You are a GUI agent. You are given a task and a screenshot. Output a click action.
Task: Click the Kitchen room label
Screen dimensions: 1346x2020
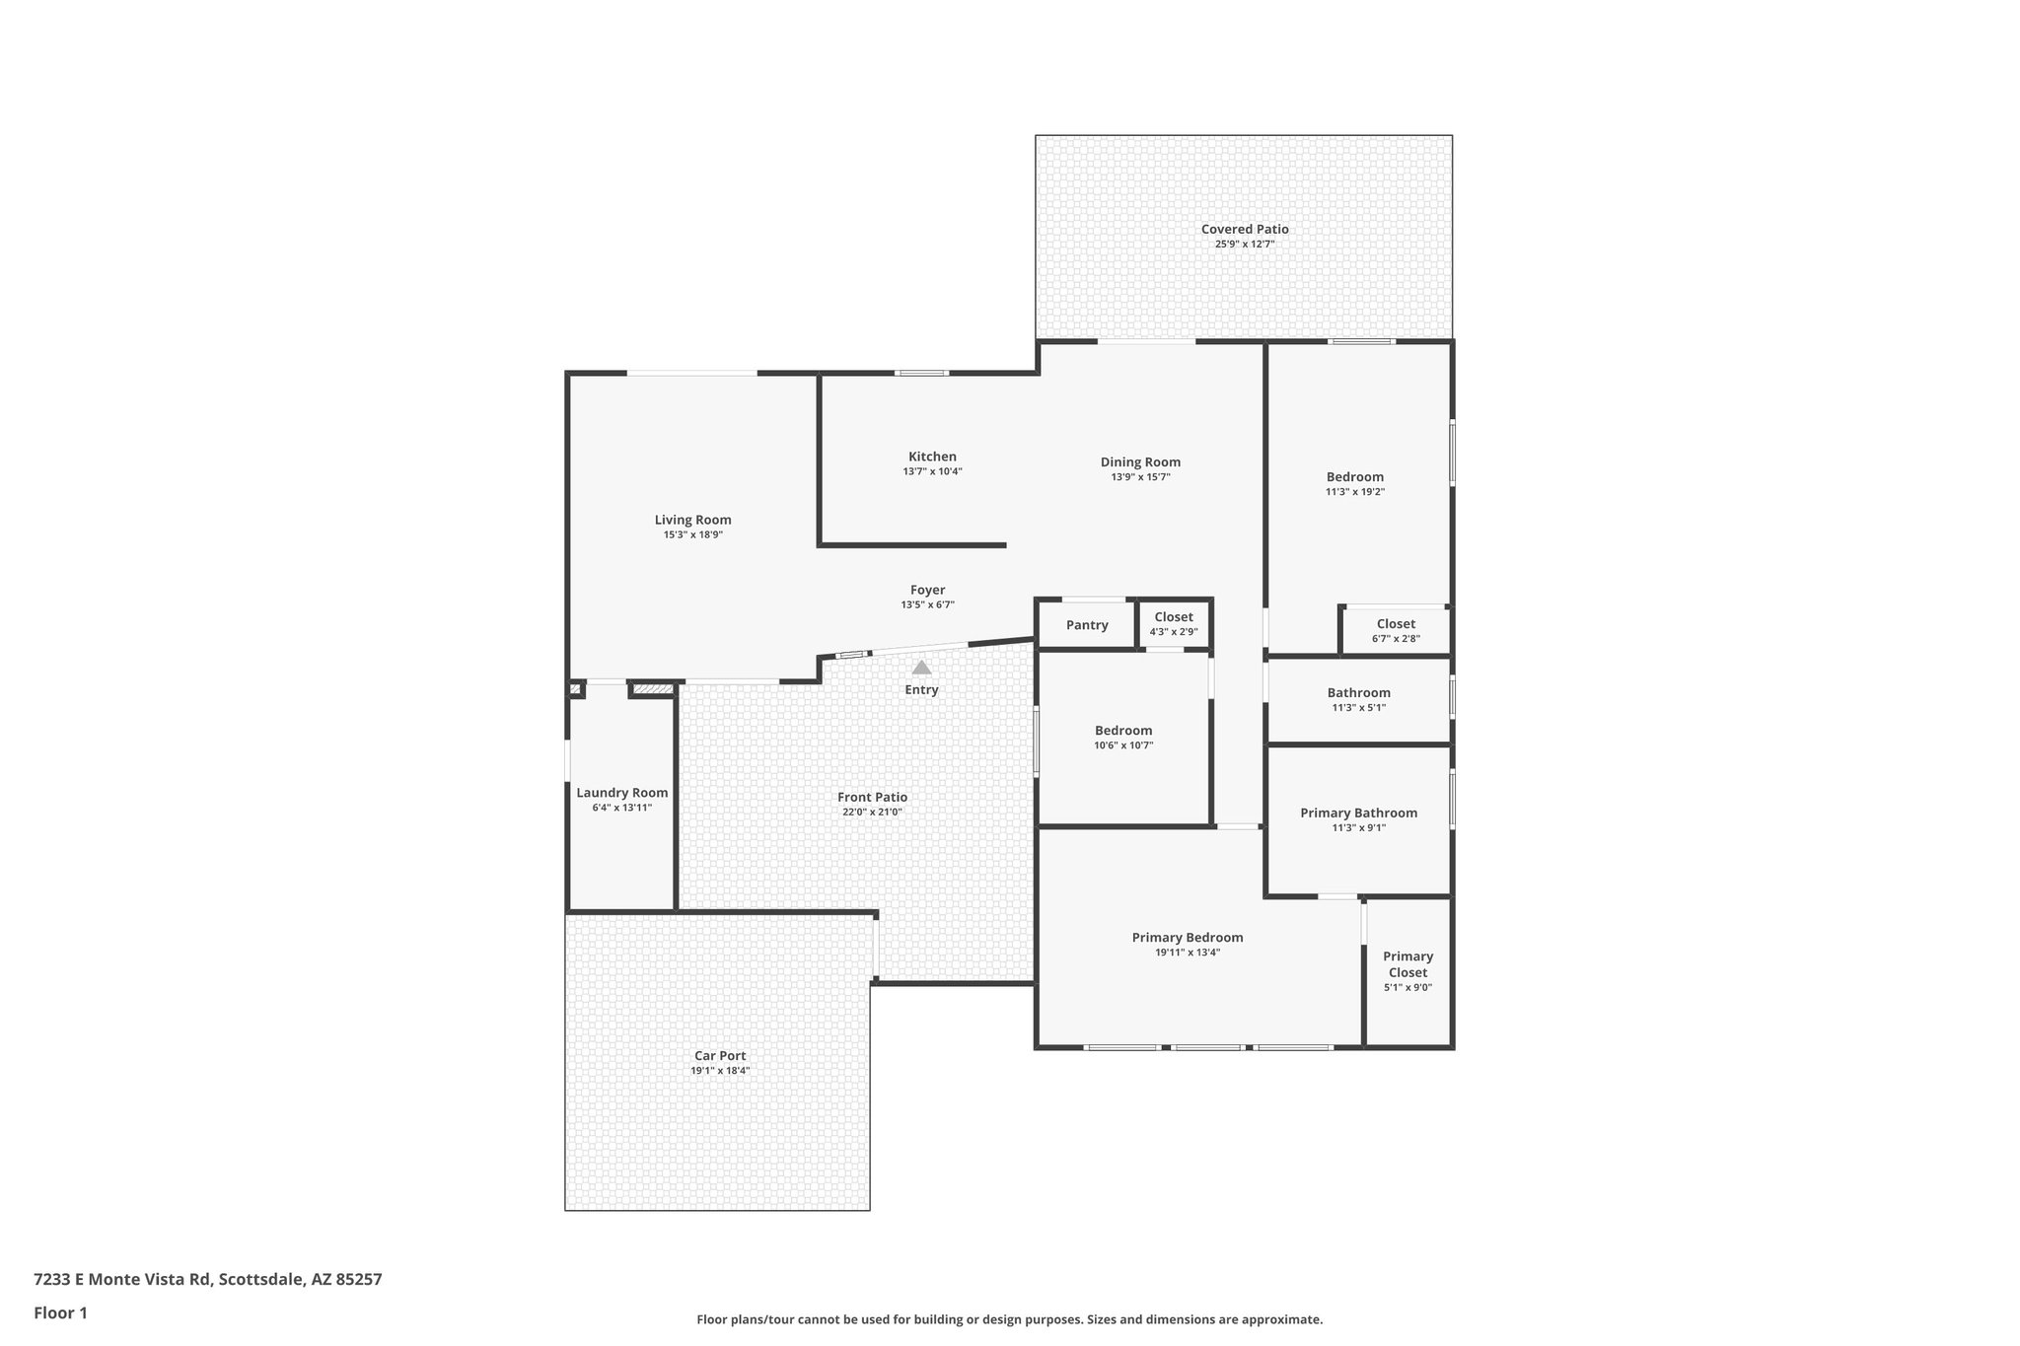[x=932, y=457]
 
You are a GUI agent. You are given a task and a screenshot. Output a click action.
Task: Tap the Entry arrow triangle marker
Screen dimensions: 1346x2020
[x=921, y=668]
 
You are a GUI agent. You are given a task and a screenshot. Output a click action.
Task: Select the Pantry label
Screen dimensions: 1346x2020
[x=1087, y=625]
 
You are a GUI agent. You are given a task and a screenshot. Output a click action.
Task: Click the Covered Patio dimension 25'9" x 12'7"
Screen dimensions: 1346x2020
[x=1244, y=244]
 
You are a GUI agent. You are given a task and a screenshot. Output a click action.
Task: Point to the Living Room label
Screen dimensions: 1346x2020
[x=692, y=520]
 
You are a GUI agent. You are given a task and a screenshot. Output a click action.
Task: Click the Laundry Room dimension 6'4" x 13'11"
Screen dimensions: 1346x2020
[x=621, y=808]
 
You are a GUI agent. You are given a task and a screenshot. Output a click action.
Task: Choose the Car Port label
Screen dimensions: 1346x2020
[x=720, y=1055]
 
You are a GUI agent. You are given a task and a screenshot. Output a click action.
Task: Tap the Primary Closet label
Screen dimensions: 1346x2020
[x=1407, y=964]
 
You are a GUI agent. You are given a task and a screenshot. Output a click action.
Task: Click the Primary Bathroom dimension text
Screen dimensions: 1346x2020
[x=1358, y=828]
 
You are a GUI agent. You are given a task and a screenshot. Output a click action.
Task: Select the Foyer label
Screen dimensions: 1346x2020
[x=927, y=590]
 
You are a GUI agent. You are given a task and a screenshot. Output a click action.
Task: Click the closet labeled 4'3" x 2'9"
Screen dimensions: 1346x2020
[x=1173, y=617]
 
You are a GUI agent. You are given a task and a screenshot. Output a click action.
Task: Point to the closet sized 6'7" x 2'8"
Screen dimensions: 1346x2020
[x=1396, y=624]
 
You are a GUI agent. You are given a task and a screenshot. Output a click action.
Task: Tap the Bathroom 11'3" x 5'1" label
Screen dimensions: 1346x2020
[x=1358, y=693]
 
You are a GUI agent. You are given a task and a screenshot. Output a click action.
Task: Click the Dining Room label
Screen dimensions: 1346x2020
[x=1140, y=461]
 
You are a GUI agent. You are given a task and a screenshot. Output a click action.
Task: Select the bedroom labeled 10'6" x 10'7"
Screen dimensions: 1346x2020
[x=1122, y=731]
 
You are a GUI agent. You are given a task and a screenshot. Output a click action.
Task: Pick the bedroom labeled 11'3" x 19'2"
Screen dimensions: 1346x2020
[x=1354, y=477]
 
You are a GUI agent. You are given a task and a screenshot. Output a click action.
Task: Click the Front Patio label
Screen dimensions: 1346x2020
[x=872, y=797]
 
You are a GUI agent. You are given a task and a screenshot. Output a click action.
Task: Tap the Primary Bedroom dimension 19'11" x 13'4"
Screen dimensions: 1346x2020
[x=1188, y=953]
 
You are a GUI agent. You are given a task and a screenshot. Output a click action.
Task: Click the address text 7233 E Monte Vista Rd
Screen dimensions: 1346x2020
[x=122, y=1279]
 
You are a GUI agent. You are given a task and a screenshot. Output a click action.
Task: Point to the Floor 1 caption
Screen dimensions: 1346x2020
[x=60, y=1312]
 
